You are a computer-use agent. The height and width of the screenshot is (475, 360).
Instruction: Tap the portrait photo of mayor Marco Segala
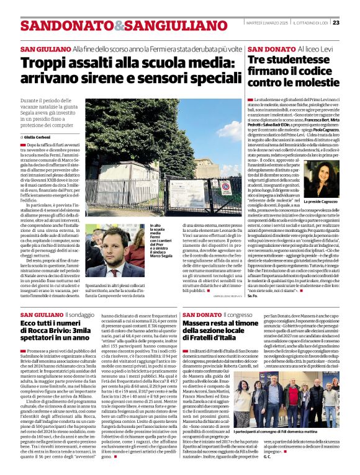(116, 251)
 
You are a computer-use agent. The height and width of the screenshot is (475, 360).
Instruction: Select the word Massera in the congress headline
(207, 324)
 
